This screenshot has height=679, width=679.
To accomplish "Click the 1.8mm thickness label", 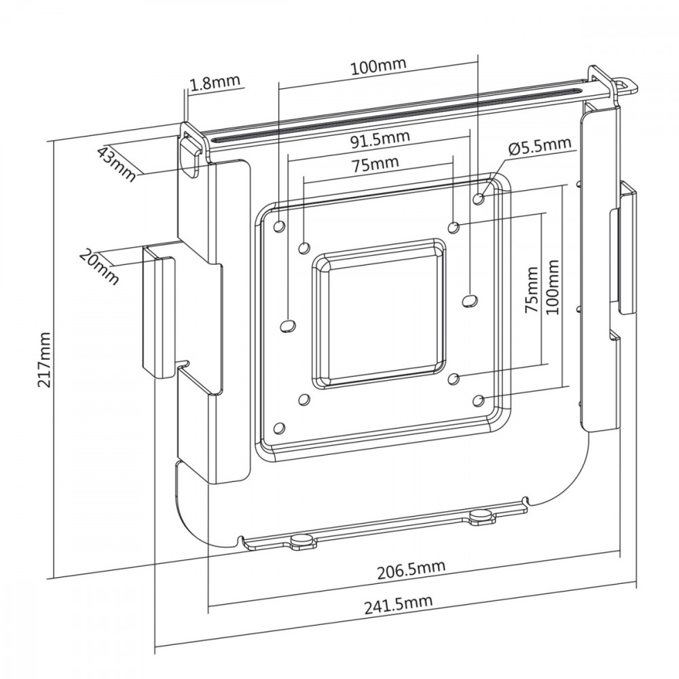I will [x=215, y=84].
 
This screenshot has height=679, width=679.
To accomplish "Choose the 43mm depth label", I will [x=116, y=163].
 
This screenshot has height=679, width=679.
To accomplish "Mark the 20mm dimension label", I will [x=99, y=267].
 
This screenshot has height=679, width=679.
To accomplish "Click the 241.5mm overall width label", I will [x=397, y=604].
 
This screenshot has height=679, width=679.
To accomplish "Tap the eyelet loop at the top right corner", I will [x=626, y=84].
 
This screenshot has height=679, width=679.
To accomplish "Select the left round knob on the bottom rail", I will [x=300, y=540].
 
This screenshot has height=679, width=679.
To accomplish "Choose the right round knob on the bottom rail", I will [x=481, y=515].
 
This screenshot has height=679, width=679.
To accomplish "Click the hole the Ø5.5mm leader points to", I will [x=479, y=198].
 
